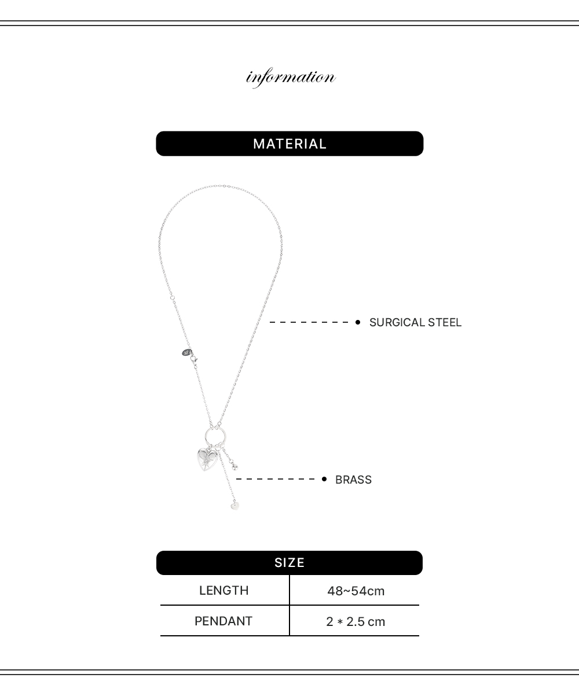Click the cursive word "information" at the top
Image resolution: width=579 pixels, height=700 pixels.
click(291, 78)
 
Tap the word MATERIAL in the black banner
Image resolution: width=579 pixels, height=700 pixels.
click(289, 143)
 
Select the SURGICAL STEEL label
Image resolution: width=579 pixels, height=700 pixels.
click(415, 322)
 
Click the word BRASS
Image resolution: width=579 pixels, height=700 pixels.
click(353, 480)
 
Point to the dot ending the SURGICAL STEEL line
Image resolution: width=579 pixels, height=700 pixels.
click(358, 322)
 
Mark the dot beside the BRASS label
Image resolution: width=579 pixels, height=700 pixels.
click(324, 480)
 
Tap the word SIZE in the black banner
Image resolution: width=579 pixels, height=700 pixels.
click(289, 563)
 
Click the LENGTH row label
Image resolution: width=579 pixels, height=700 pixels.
click(223, 591)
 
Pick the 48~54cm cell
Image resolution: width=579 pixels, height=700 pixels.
click(356, 591)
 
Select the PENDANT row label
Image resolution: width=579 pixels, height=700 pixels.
click(223, 621)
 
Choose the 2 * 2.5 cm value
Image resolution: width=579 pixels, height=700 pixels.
click(356, 622)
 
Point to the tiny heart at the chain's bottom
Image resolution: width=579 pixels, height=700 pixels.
click(234, 506)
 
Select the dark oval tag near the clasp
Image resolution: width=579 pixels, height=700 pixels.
click(186, 352)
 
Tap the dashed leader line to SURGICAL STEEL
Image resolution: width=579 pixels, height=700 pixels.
click(310, 322)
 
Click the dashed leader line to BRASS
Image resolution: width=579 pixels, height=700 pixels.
click(277, 480)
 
